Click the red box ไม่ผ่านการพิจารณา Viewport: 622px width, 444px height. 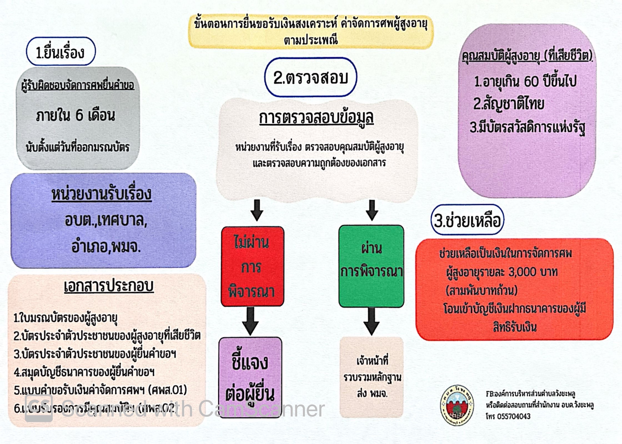(252, 267)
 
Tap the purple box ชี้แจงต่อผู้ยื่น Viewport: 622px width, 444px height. (250, 378)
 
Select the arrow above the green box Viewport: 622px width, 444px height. (372, 210)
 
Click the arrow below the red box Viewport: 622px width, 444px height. (250, 321)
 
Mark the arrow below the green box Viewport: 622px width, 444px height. (372, 321)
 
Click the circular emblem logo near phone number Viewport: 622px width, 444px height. (457, 405)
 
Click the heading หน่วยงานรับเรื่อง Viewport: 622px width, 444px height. (102, 194)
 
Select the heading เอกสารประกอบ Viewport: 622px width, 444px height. (109, 286)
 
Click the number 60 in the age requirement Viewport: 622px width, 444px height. (533, 81)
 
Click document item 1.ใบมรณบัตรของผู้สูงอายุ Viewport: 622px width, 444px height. (66, 318)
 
